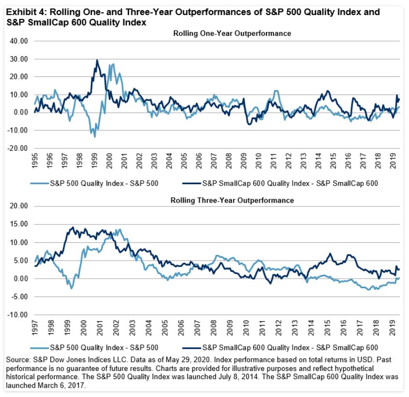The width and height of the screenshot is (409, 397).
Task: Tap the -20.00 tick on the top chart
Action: pos(16,148)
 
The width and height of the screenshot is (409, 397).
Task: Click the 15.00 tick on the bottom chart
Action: pos(17,224)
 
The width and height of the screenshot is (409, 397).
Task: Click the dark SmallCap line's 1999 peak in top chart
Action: pos(97,60)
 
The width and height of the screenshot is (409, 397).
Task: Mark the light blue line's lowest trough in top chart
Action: pos(95,137)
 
